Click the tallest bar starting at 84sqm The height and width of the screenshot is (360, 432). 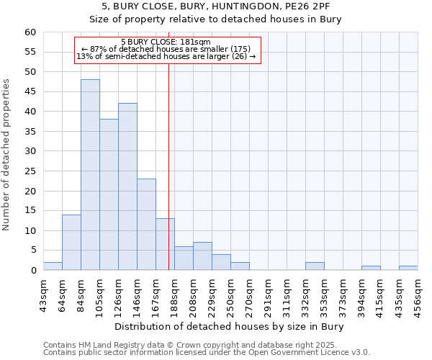click(90, 175)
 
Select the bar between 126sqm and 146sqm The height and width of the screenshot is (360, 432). click(127, 186)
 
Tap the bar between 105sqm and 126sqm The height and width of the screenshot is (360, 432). click(109, 194)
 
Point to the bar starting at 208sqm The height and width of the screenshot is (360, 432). click(202, 256)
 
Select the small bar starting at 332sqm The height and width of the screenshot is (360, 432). click(315, 266)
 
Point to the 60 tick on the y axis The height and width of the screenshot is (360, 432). click(30, 32)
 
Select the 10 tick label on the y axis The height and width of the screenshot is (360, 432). click(30, 231)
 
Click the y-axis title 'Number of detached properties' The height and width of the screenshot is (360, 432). click(6, 155)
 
